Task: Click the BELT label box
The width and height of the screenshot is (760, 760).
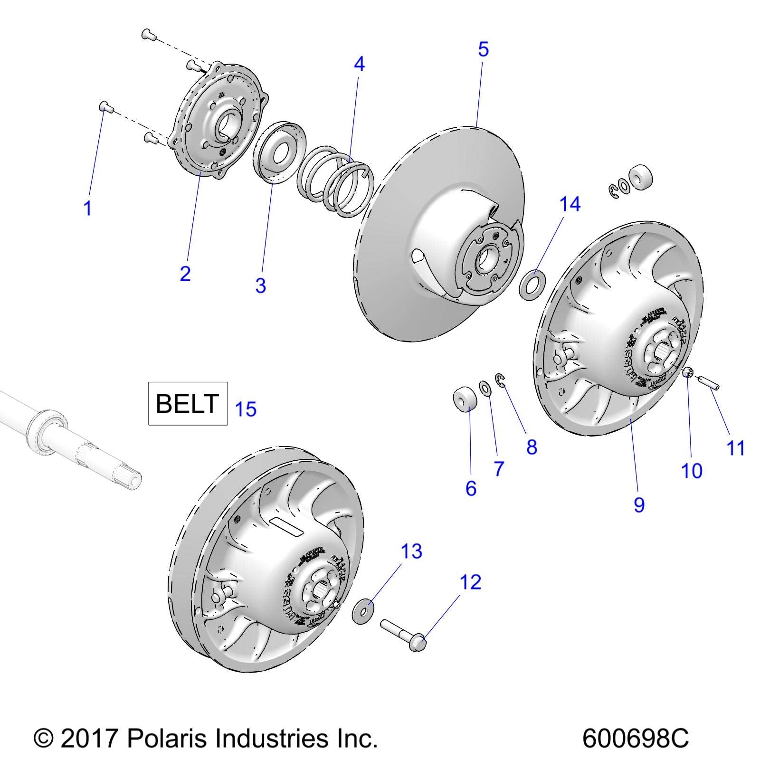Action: pyautogui.click(x=188, y=403)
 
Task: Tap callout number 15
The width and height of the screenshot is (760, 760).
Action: pyautogui.click(x=246, y=409)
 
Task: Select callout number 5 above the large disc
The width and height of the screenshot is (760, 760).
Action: pyautogui.click(x=483, y=49)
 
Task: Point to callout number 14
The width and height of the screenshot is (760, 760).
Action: pyautogui.click(x=570, y=204)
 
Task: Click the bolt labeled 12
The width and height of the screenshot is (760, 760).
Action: pyautogui.click(x=405, y=636)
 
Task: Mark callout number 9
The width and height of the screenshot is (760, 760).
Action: pyautogui.click(x=639, y=504)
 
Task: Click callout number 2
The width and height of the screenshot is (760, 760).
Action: pyautogui.click(x=185, y=274)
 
